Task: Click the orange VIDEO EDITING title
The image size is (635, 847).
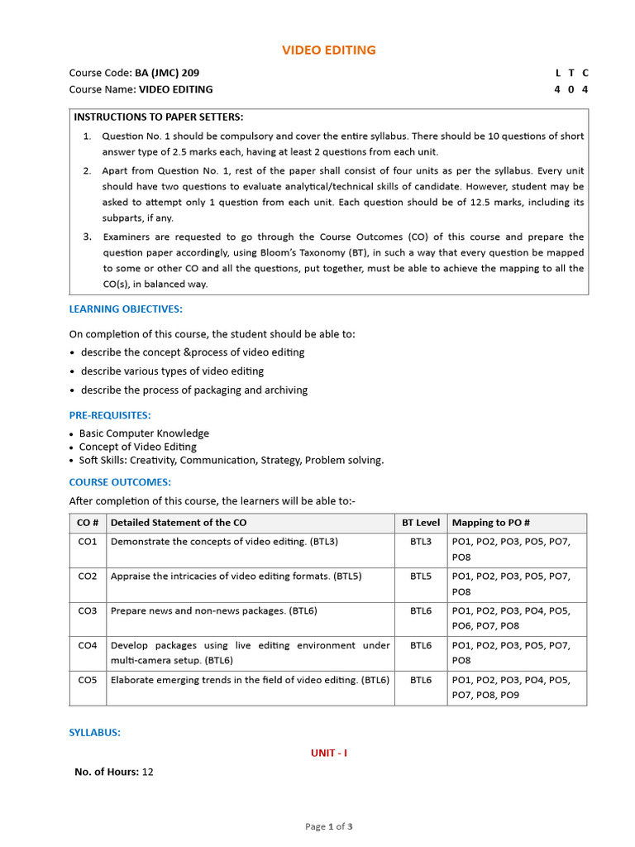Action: pyautogui.click(x=329, y=50)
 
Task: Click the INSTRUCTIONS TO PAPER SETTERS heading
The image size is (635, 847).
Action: pyautogui.click(x=159, y=117)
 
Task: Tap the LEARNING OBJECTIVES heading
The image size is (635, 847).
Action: pyautogui.click(x=126, y=309)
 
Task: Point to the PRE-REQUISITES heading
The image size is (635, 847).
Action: pyautogui.click(x=110, y=415)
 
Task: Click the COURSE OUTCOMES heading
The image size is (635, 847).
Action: pyautogui.click(x=120, y=482)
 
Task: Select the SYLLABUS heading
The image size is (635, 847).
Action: pyautogui.click(x=95, y=733)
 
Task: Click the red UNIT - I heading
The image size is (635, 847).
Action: pyautogui.click(x=329, y=754)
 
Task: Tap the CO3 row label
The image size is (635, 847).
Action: pyautogui.click(x=88, y=611)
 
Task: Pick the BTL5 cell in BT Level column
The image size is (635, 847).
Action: pyautogui.click(x=421, y=577)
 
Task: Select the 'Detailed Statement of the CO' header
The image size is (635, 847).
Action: pyautogui.click(x=179, y=523)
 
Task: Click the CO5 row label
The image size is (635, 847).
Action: pyautogui.click(x=88, y=680)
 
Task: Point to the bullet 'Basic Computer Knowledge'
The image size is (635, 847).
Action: pyautogui.click(x=144, y=433)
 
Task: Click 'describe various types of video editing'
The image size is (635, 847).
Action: pyautogui.click(x=172, y=371)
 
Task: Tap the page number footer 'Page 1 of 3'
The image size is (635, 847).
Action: pyautogui.click(x=329, y=826)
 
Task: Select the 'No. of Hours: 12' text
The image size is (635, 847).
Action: pyautogui.click(x=114, y=772)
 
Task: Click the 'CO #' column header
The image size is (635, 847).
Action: pyautogui.click(x=88, y=523)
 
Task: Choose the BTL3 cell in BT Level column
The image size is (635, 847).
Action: pyautogui.click(x=421, y=542)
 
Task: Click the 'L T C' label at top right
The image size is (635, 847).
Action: pyautogui.click(x=571, y=73)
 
